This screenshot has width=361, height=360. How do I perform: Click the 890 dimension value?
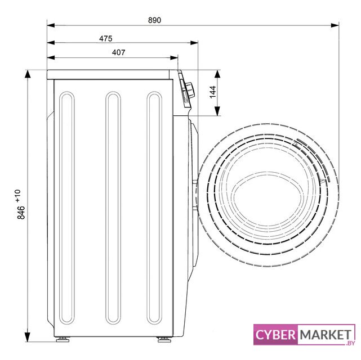(x=154, y=20)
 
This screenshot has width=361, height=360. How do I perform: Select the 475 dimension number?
(x=106, y=38)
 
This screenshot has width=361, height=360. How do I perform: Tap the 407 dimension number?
(x=119, y=52)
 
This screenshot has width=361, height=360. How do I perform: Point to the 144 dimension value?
(x=213, y=92)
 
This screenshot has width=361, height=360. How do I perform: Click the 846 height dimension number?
(x=21, y=213)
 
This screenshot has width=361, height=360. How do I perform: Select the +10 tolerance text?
(x=18, y=196)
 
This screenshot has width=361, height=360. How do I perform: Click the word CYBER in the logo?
(x=275, y=335)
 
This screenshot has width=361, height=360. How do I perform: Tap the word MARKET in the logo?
(x=326, y=335)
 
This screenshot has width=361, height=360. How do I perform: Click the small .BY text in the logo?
(x=350, y=343)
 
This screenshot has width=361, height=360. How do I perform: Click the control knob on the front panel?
(x=190, y=91)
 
